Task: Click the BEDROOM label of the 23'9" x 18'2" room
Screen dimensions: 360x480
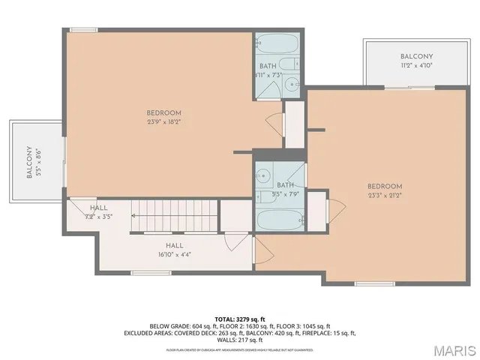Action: (x=159, y=113)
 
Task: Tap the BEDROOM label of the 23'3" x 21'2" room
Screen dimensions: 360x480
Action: (x=385, y=187)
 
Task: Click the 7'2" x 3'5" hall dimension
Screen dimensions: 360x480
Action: (x=99, y=217)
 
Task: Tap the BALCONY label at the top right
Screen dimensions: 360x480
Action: (x=415, y=57)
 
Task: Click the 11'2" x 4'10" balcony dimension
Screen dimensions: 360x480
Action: (x=415, y=66)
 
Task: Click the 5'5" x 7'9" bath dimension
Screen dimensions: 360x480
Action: (x=285, y=194)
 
